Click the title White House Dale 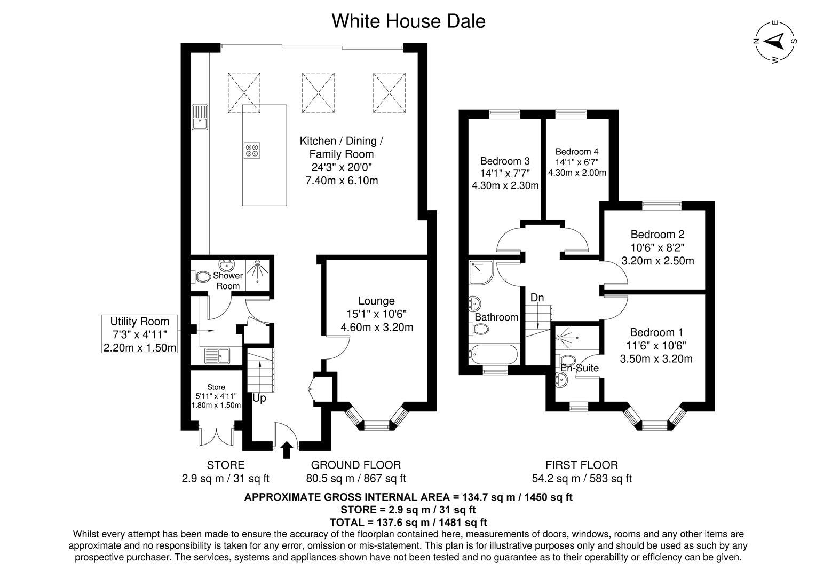(408, 21)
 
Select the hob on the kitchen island (252, 150)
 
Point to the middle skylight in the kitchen (318, 92)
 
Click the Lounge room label (376, 301)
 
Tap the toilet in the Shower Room (201, 277)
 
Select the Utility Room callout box (140, 334)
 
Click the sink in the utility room (217, 356)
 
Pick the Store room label (216, 387)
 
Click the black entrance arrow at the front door (287, 450)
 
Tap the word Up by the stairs (259, 398)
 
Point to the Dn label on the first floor (537, 298)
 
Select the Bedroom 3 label (505, 161)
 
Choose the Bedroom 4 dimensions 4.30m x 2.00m (577, 173)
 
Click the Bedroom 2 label (657, 234)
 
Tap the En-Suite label (580, 368)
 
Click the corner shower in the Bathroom (481, 272)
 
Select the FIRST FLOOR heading (582, 465)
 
